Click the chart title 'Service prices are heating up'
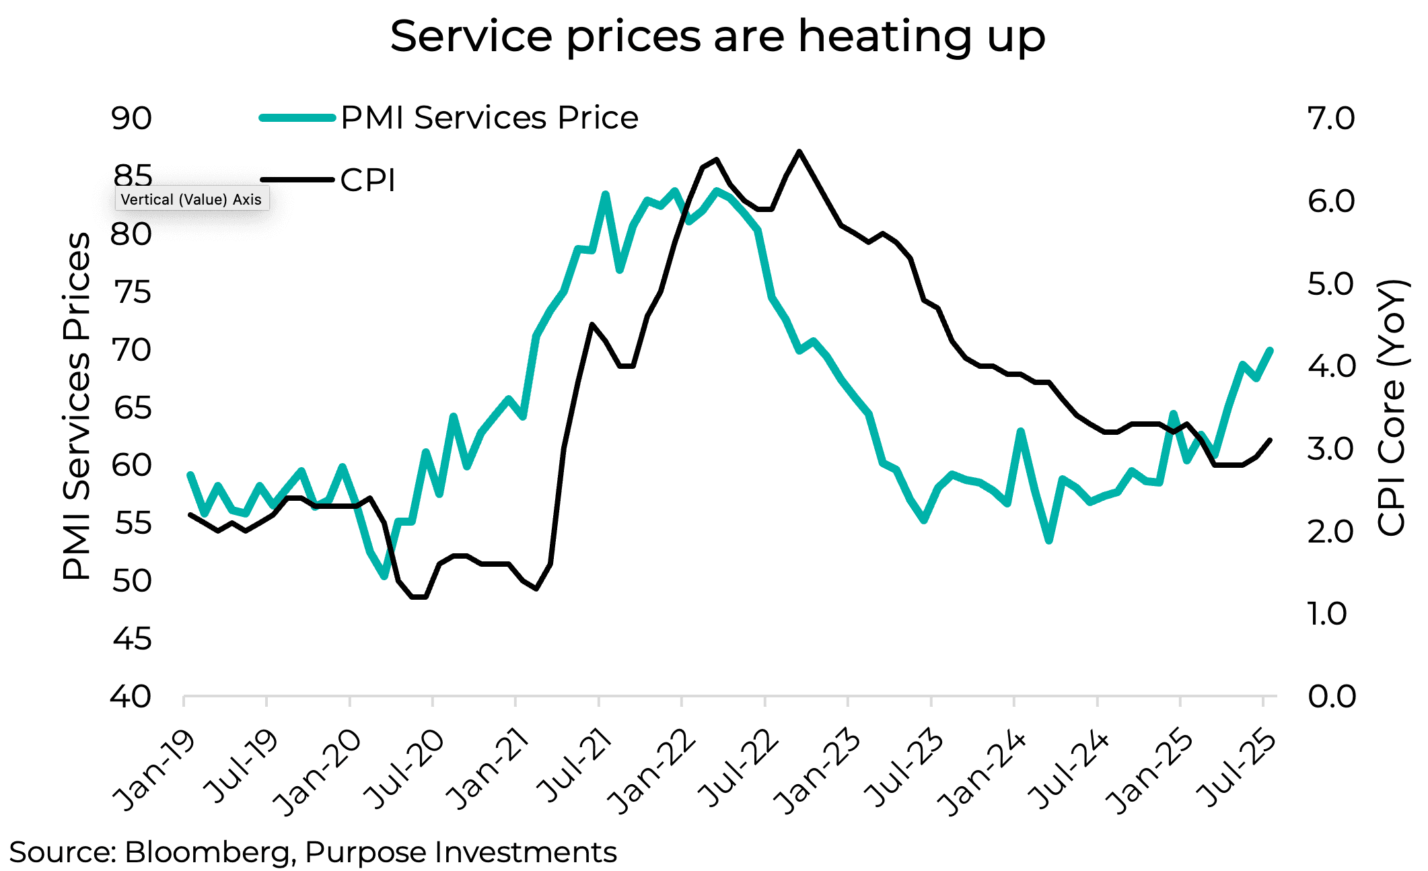(717, 36)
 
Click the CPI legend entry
(367, 180)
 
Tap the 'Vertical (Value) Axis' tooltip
(192, 199)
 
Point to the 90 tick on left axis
(132, 118)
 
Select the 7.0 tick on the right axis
(1330, 118)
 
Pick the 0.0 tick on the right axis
(1330, 697)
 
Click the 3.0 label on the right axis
(1330, 449)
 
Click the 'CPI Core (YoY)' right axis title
(1391, 407)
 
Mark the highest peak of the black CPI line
(799, 151)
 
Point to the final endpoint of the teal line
(1271, 350)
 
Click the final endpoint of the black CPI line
(1270, 440)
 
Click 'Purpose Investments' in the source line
(460, 853)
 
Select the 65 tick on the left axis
(132, 408)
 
